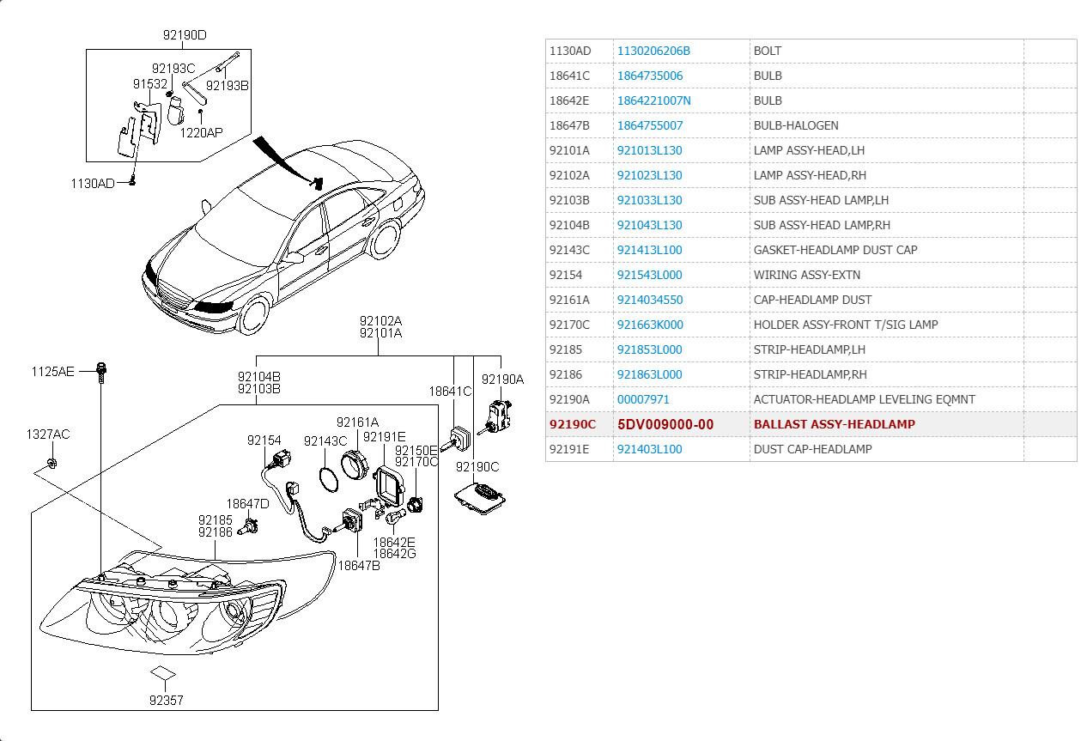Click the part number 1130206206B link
click(653, 51)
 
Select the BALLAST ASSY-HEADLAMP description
click(834, 424)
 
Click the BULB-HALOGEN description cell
click(796, 125)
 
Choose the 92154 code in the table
click(566, 275)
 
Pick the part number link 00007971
click(643, 399)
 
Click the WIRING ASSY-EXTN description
click(806, 275)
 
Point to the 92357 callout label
click(166, 700)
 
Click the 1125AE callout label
click(53, 371)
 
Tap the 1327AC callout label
click(47, 434)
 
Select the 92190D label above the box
click(185, 35)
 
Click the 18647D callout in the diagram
click(247, 504)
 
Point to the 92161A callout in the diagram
click(357, 422)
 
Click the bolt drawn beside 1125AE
click(101, 374)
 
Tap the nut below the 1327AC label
click(51, 465)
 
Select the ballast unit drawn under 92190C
click(482, 498)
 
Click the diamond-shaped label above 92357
click(164, 672)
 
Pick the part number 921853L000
click(650, 349)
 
